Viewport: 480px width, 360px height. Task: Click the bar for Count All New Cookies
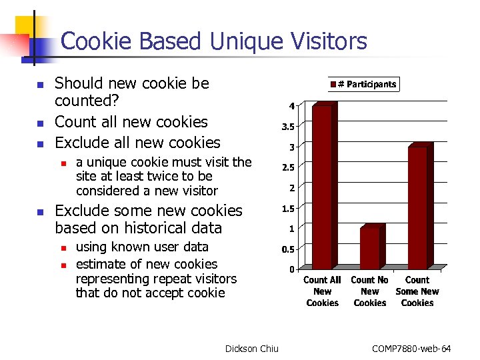point(322,187)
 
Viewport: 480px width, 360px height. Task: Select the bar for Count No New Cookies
point(370,248)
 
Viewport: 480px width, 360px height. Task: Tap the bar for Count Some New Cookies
point(417,207)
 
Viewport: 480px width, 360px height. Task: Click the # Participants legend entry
point(363,84)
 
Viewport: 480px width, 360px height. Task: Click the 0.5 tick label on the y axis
point(287,249)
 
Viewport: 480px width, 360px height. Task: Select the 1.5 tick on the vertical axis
point(287,209)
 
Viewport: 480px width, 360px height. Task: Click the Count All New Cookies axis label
point(322,291)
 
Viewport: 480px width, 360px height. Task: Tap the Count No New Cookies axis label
point(370,291)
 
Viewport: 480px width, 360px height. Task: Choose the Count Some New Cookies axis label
point(417,291)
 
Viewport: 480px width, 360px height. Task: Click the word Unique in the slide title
point(240,41)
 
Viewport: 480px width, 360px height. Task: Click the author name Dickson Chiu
point(252,349)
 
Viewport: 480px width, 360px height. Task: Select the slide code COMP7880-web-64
point(411,349)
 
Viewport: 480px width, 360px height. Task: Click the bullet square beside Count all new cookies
point(39,123)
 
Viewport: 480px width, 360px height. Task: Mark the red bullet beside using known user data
point(63,248)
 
